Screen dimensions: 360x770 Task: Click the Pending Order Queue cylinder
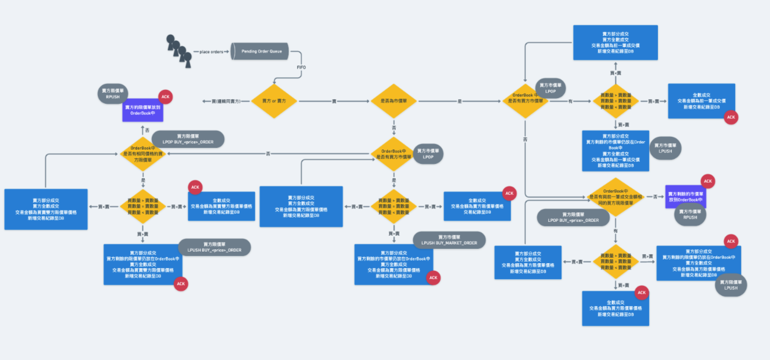(260, 51)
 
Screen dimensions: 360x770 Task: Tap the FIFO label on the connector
(301, 67)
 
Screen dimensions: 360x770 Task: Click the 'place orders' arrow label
(211, 52)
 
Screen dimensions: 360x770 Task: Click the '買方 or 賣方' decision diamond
(274, 101)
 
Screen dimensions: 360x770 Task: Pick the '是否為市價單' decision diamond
(393, 101)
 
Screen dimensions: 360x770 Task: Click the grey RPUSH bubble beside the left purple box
(112, 94)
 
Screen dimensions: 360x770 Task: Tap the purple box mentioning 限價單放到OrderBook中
(143, 110)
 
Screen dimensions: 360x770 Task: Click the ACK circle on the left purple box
(165, 97)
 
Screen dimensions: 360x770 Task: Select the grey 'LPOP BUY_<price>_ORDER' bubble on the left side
(188, 139)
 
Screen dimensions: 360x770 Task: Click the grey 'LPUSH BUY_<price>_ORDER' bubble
(214, 247)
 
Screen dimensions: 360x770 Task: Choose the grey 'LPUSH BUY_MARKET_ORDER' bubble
(449, 240)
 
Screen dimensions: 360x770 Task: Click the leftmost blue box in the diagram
(46, 209)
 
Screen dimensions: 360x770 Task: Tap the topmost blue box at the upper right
(615, 43)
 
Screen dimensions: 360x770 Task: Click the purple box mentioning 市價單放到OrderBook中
(685, 197)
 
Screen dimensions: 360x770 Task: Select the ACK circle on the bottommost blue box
(641, 292)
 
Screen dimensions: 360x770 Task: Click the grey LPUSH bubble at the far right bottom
(731, 285)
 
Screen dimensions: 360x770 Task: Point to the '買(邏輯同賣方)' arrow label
(226, 101)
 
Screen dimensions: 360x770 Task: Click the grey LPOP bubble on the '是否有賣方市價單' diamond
(550, 88)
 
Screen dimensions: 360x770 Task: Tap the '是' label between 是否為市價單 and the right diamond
(459, 101)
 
